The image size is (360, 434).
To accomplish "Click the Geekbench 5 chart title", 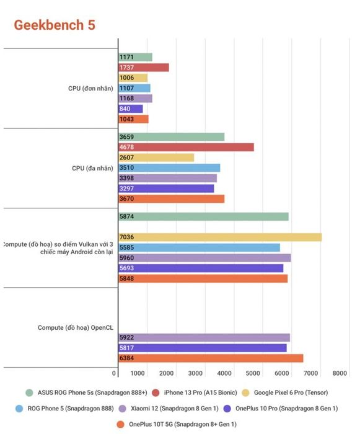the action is tap(55, 25).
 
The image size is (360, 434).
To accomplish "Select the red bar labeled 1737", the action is tap(144, 68).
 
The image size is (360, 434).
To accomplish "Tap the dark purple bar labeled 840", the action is tap(131, 108).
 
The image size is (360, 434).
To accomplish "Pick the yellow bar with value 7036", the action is tap(220, 237).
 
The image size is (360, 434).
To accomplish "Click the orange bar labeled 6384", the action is tap(211, 358).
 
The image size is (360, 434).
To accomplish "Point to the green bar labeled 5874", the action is tap(203, 216).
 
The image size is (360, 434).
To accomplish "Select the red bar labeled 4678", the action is tap(187, 148).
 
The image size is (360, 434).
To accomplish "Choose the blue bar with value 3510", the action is tap(169, 168).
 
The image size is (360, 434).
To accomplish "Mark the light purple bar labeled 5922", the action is tap(204, 338).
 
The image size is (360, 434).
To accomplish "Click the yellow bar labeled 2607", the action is tap(156, 157).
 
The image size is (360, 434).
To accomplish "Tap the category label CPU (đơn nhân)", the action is tap(90, 88).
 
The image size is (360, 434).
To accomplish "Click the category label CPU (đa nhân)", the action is tap(92, 168).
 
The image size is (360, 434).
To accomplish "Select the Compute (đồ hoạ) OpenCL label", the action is tap(76, 327).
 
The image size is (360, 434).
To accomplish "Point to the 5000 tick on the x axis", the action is tap(253, 373).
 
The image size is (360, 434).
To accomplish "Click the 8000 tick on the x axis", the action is tap(340, 373).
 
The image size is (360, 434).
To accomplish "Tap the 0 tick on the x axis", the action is tap(114, 373).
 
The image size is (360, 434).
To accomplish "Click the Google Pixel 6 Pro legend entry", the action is tap(285, 392).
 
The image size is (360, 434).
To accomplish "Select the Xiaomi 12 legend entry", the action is tap(169, 408).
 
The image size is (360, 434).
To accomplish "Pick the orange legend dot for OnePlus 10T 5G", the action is tap(120, 424).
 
